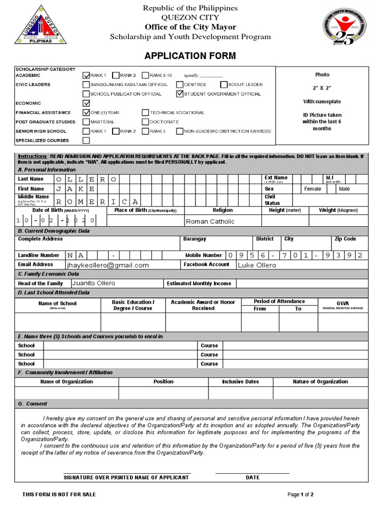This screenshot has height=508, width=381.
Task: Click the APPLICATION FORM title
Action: coord(190,56)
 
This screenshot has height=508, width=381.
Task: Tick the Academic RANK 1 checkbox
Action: coord(86,75)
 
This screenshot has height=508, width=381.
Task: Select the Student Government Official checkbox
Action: coord(180,94)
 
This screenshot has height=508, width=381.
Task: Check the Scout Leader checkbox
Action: coord(224,85)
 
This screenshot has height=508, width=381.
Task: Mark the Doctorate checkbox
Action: coord(145,122)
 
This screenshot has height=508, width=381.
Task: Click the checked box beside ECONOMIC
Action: coord(86,103)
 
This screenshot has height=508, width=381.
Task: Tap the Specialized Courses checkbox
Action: coord(86,140)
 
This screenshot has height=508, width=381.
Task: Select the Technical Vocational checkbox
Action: coord(145,113)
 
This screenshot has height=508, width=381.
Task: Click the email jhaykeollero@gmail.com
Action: coord(111,265)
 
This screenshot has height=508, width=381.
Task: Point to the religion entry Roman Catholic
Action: coord(210,222)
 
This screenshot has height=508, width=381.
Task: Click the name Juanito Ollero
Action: coord(94,283)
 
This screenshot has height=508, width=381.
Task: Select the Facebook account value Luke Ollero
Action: coord(256,265)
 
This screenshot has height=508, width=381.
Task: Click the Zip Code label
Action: coord(345,239)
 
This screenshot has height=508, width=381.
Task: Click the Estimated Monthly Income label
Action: coord(199,284)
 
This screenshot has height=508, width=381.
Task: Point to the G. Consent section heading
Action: coord(33,404)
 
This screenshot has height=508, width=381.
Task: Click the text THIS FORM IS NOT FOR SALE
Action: coord(59,495)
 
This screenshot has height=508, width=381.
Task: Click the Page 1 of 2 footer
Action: coord(301,495)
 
